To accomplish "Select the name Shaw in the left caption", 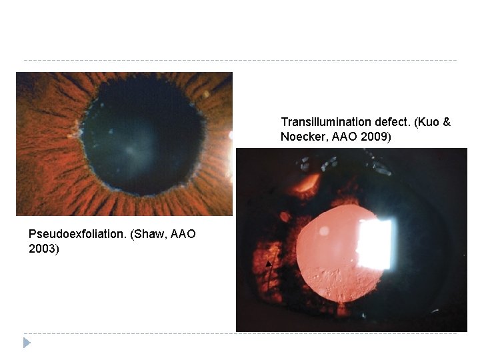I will click(x=145, y=234).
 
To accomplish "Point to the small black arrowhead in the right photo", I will click(x=269, y=264).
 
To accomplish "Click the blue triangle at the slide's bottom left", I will click(x=27, y=343).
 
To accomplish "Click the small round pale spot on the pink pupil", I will click(x=324, y=231).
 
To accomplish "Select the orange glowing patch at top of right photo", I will click(x=307, y=181).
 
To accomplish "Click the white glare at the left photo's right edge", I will click(x=231, y=135).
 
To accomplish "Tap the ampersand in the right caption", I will click(x=447, y=122).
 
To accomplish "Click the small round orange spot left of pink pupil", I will click(x=285, y=217).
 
